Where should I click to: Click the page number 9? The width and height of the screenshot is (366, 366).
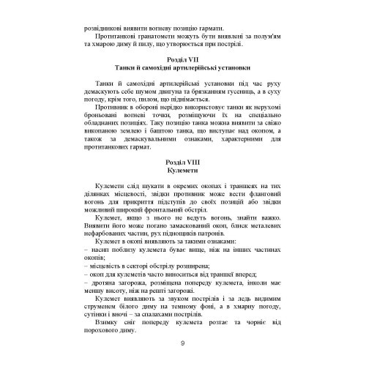[x=182, y=344]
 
